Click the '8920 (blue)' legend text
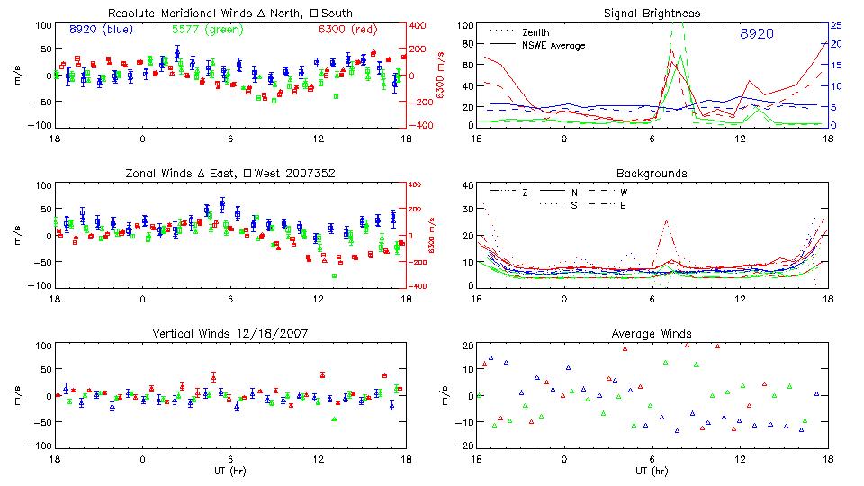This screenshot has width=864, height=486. coord(101,30)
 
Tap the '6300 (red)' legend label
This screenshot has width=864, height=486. coord(346,30)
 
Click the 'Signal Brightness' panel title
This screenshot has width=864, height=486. coord(652,13)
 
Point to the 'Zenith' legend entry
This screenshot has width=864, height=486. coord(535,32)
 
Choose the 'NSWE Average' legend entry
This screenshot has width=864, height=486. coord(553,45)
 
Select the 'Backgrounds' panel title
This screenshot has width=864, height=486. coord(652,172)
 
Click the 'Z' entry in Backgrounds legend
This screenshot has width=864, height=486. coord(525,193)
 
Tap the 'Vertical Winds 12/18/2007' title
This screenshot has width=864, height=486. coord(230,333)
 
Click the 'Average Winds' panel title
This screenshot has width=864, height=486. coord(652,333)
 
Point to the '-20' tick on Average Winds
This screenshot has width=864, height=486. coord(463,445)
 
